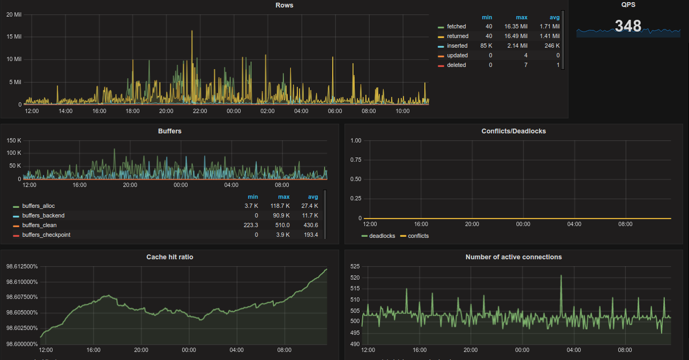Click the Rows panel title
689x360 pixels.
(284, 5)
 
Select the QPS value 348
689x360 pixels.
(628, 26)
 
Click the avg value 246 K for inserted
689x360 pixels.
(552, 46)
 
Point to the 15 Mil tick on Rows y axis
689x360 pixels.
(14, 36)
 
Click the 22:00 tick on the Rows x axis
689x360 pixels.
(200, 111)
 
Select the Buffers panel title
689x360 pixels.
(170, 131)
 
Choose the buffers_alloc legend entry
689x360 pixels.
(38, 206)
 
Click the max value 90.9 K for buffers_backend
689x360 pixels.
(281, 215)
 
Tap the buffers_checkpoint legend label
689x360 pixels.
(46, 235)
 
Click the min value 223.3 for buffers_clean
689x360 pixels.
(251, 225)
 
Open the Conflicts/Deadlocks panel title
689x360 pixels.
(513, 131)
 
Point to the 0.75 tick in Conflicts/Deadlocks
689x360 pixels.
(355, 160)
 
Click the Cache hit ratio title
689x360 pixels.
(170, 257)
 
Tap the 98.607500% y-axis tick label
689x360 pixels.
(22, 297)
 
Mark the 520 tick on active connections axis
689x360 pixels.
(354, 277)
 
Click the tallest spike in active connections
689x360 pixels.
(561, 276)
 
